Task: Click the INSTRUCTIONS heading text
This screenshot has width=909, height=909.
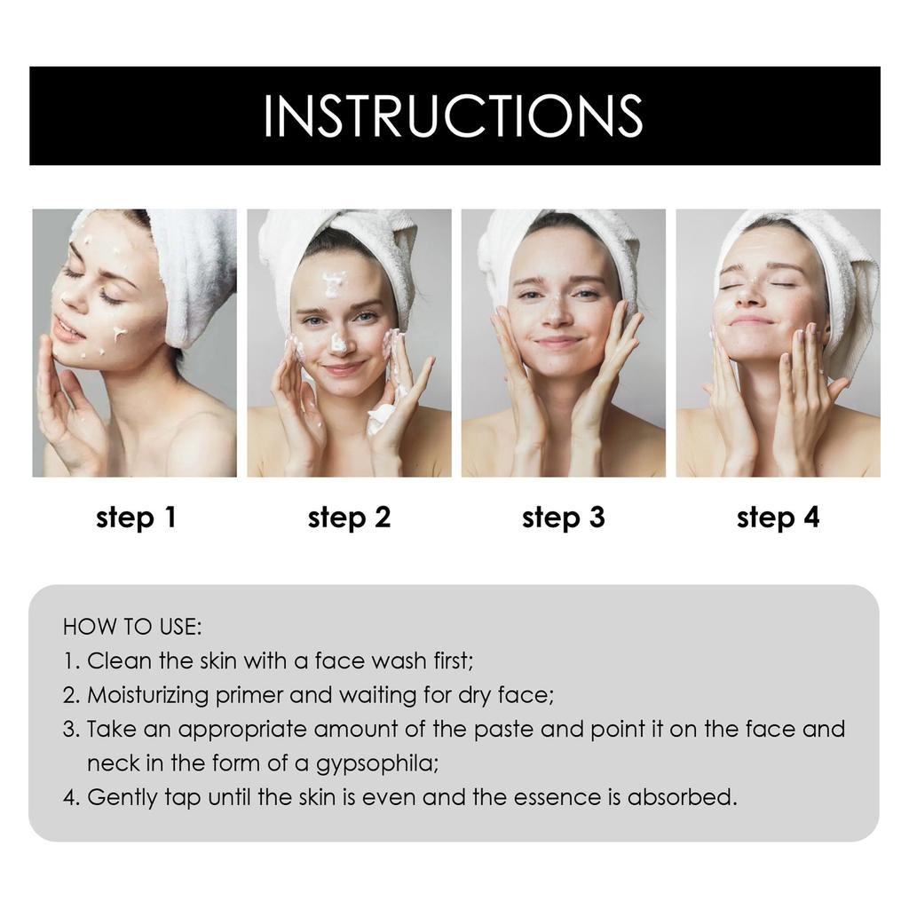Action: (x=454, y=115)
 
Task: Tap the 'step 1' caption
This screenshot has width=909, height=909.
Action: (x=136, y=517)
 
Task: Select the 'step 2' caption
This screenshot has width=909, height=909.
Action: (x=349, y=517)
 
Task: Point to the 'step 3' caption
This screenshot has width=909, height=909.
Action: (x=564, y=517)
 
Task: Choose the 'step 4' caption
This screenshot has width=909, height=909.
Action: (x=778, y=517)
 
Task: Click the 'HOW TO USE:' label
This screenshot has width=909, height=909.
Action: (x=132, y=627)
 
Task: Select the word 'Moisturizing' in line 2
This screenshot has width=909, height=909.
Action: (x=148, y=695)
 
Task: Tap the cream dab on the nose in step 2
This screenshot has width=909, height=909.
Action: (x=339, y=342)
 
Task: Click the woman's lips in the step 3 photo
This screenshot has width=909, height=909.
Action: (x=559, y=342)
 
